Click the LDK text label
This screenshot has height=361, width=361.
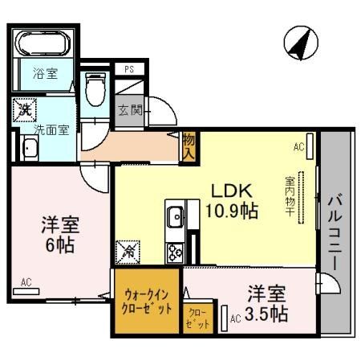pos(232,191)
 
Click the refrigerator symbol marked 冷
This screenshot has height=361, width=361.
pos(128,252)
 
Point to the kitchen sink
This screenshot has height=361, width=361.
pos(175,216)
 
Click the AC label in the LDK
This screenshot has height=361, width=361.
pos(299,147)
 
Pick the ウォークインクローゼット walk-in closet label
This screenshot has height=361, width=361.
pos(144,303)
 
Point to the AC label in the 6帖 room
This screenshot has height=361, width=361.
pos(26,282)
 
